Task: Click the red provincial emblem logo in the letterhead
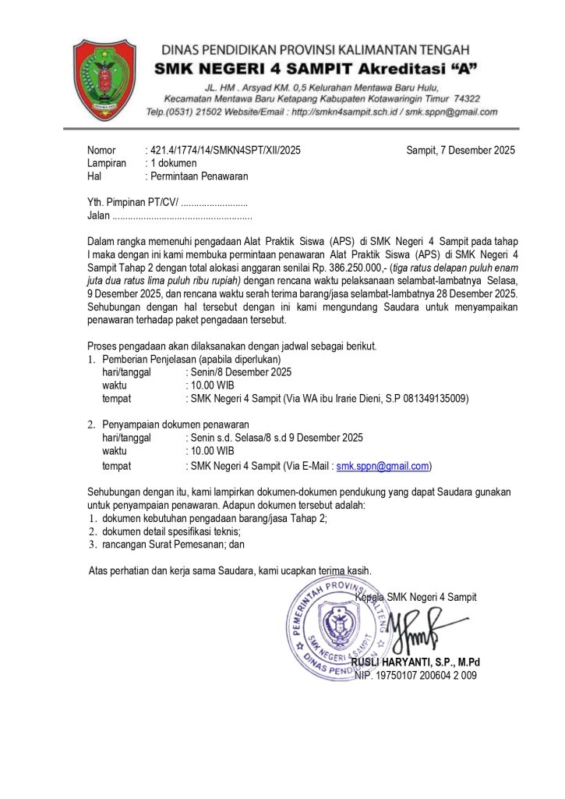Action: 103,76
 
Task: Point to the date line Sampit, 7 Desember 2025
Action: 461,151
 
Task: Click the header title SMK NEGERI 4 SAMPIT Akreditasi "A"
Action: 316,69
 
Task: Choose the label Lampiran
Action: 106,163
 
